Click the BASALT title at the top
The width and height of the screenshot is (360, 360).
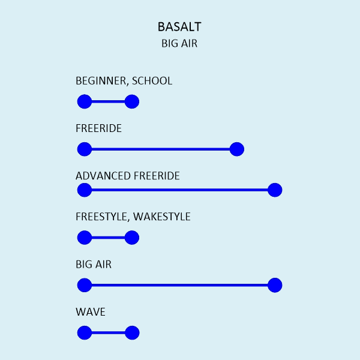point(179,26)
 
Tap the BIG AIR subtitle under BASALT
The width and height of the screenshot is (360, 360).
point(179,43)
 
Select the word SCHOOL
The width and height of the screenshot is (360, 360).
point(152,81)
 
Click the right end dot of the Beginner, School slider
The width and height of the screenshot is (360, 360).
point(132,101)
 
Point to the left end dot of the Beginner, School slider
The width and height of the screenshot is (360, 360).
point(85,101)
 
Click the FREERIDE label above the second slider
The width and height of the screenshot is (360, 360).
point(99,128)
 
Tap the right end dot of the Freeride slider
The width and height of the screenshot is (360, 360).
point(237,149)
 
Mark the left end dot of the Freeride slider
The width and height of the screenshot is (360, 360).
point(85,149)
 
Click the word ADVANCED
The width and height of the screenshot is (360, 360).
point(103,176)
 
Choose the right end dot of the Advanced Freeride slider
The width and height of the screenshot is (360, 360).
point(275,190)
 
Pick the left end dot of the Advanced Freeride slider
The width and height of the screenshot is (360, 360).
point(85,190)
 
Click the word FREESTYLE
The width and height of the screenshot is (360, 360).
point(102,217)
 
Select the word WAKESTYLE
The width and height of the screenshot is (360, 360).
point(162,217)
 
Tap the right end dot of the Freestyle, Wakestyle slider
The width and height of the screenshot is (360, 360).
point(132,238)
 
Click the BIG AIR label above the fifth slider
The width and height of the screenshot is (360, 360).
point(94,264)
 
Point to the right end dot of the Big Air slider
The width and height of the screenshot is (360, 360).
point(275,285)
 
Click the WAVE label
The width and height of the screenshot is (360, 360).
point(91,312)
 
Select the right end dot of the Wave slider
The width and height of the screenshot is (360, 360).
point(132,332)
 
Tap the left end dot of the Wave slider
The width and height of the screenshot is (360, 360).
point(85,332)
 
